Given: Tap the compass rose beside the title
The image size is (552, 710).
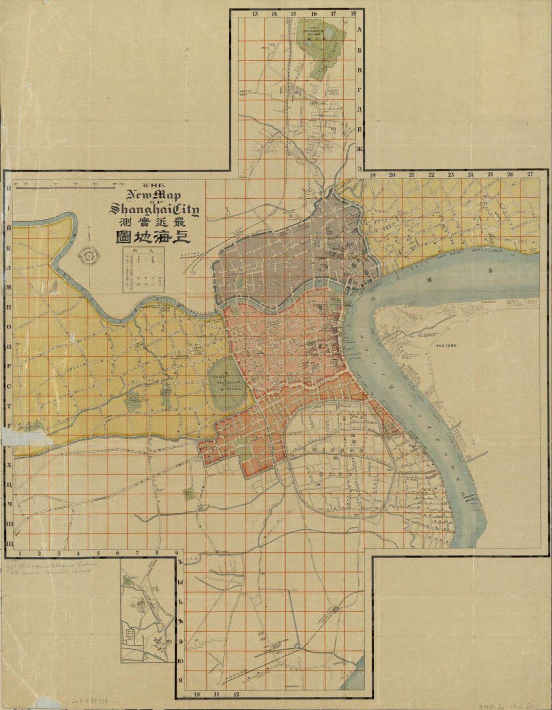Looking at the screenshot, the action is pos(89,255).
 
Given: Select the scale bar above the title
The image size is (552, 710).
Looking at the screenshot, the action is pos(68,187).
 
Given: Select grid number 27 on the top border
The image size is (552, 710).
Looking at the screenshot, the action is pos(530,175).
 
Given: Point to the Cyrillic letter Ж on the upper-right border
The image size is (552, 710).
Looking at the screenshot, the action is pos(359,149).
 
